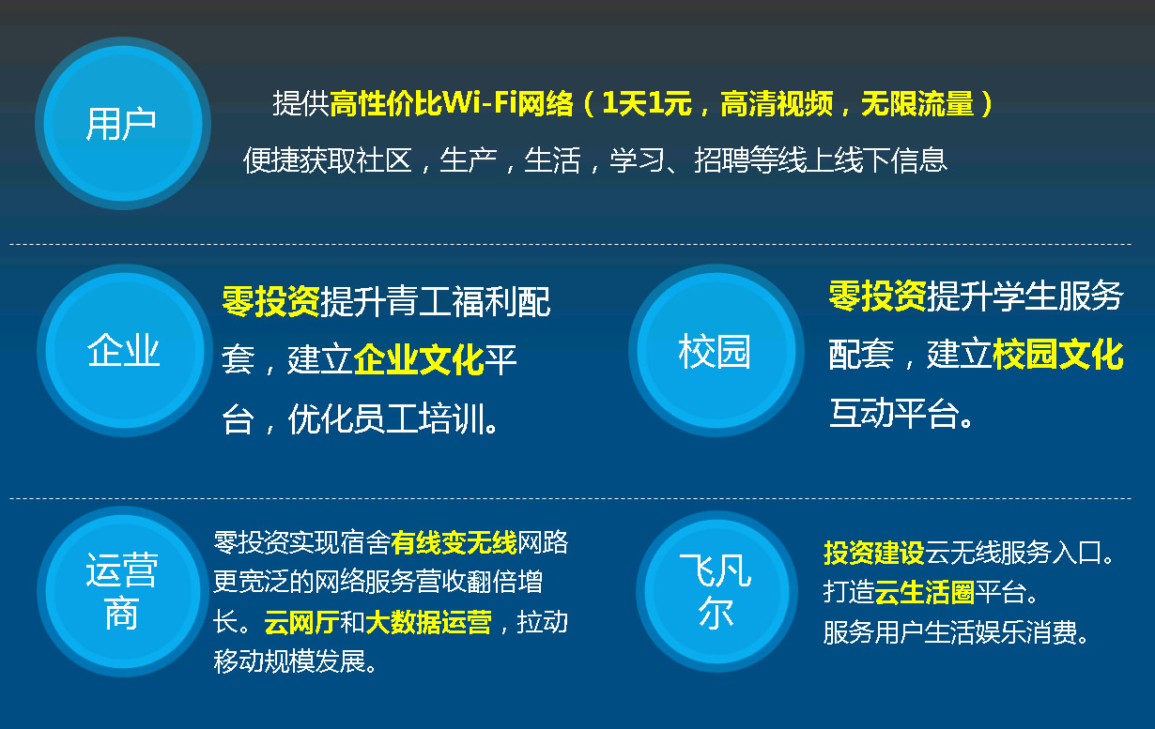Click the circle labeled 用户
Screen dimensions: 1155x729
tap(123, 123)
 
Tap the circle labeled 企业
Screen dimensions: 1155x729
tap(124, 350)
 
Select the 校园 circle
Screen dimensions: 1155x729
tap(716, 350)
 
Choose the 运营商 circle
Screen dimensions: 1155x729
tap(123, 591)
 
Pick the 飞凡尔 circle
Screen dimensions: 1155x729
tap(716, 591)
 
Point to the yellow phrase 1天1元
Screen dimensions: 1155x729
tap(647, 103)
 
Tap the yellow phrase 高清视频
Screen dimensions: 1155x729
tap(777, 103)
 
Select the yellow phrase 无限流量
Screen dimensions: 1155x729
tap(917, 103)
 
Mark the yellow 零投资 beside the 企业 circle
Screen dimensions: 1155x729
tap(271, 301)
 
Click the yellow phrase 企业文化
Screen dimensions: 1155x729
tap(419, 359)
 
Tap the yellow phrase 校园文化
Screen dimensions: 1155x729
tap(1057, 354)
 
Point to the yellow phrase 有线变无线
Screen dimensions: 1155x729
tap(454, 542)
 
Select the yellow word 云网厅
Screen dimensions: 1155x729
tap(301, 622)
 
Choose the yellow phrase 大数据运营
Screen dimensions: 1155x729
tap(428, 622)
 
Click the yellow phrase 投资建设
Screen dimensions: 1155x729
tap(874, 553)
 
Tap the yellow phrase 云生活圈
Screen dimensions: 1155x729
tap(925, 592)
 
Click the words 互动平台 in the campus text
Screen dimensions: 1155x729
tap(894, 413)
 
